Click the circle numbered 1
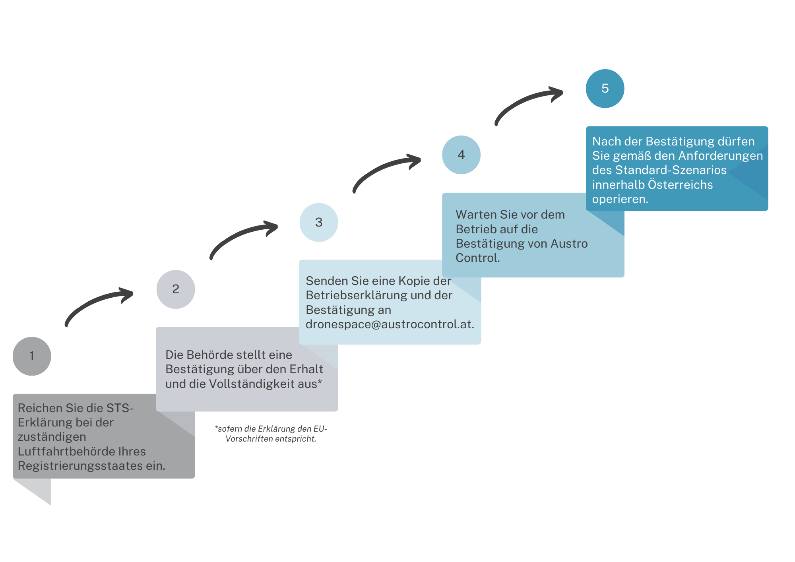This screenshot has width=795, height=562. pos(32,356)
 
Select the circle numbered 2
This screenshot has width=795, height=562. pos(176,289)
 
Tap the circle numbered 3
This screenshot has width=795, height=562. pos(319,222)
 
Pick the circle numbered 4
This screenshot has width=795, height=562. pos(461,155)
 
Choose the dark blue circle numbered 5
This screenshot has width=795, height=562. pos(605,88)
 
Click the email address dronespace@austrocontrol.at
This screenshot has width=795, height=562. pos(390,324)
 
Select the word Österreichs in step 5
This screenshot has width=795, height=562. pos(681,184)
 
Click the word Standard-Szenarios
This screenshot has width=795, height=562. pos(671,170)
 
